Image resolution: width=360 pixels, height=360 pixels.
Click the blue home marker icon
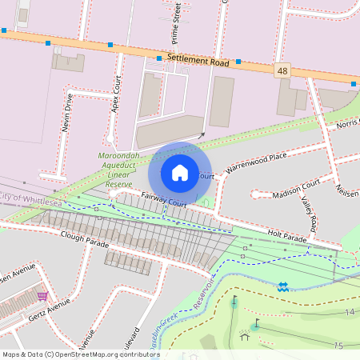(180, 172)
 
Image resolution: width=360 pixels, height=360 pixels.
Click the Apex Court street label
(117, 94)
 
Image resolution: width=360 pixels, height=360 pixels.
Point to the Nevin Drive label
(68, 111)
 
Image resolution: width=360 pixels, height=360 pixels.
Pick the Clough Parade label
(84, 235)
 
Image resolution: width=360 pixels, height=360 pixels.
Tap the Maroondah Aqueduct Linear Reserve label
(118, 167)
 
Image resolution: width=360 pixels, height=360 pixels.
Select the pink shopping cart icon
(42, 296)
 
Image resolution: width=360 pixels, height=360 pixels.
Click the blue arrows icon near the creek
(283, 286)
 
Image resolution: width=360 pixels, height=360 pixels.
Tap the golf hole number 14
(350, 311)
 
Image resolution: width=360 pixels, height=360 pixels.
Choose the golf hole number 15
(339, 346)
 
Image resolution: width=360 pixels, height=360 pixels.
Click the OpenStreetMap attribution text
(80, 354)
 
